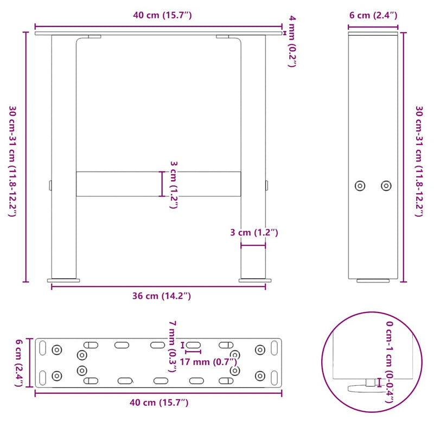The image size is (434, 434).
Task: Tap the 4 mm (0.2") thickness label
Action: click(292, 42)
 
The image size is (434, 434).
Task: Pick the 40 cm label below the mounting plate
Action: click(158, 403)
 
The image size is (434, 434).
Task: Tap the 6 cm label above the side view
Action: click(373, 15)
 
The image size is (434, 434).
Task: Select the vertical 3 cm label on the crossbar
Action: click(174, 184)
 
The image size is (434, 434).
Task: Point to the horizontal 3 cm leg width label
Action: click(253, 233)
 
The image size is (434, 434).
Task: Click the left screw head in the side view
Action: click(360, 186)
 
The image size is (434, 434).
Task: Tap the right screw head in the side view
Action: click(386, 186)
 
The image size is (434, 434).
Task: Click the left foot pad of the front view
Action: click(64, 280)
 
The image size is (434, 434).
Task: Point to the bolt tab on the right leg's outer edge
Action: click(267, 186)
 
